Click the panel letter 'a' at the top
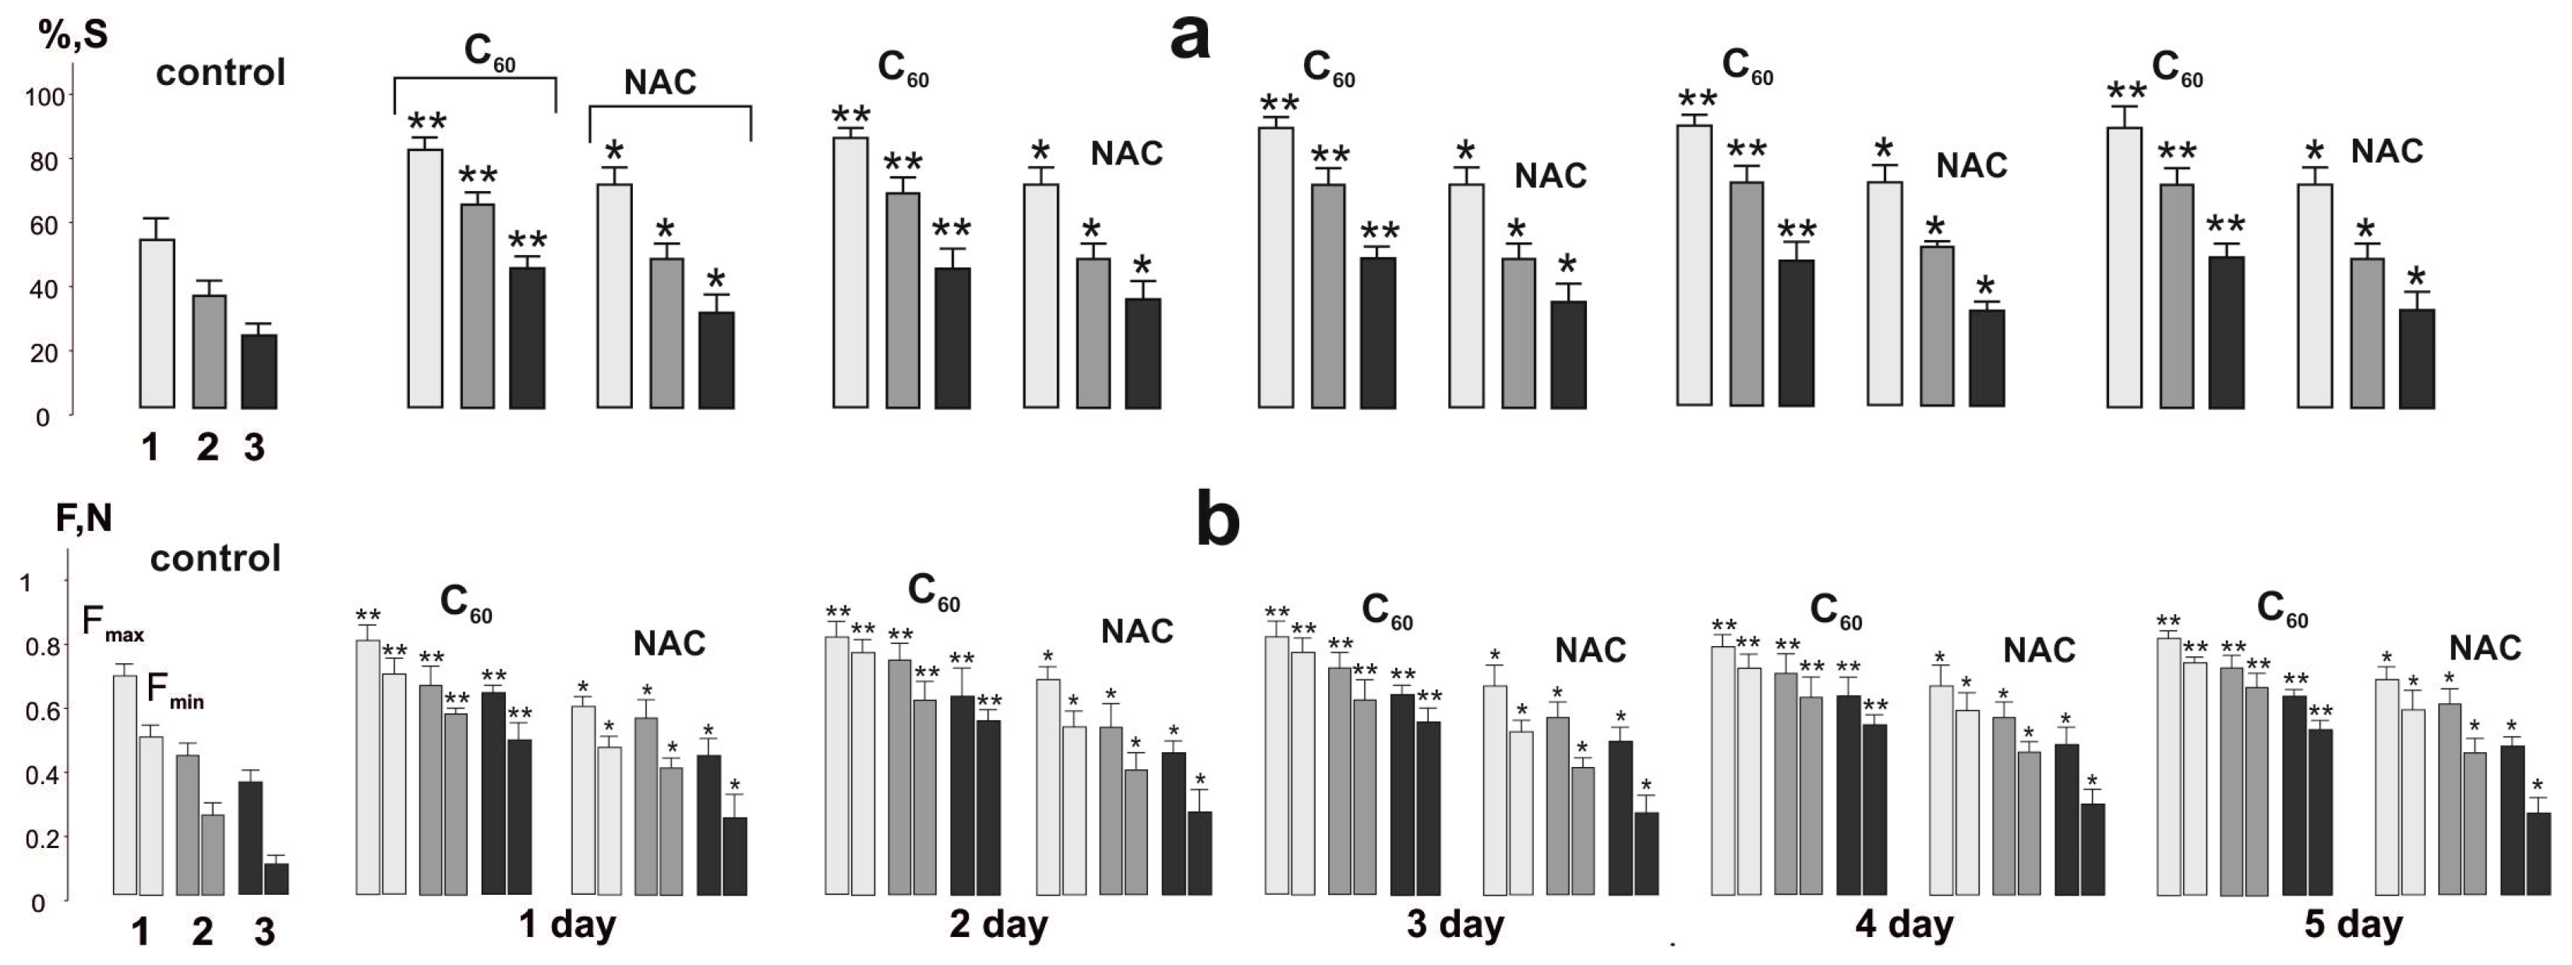pos(1189,40)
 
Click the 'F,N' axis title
pos(84,518)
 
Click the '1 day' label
pos(567,923)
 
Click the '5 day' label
pos(2352,923)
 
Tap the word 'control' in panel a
pos(221,73)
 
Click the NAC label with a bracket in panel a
pos(660,82)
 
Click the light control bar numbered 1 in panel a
pos(157,323)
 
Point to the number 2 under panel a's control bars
pos(207,447)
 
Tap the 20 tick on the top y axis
pos(44,352)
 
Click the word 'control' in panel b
pos(216,557)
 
